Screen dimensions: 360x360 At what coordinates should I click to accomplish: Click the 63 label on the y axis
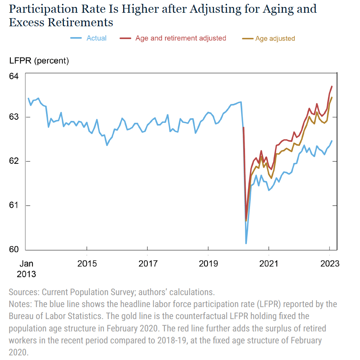tap(14, 117)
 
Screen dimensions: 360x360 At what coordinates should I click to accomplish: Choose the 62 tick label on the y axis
tap(14, 161)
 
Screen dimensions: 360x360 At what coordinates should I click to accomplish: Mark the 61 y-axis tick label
tap(14, 205)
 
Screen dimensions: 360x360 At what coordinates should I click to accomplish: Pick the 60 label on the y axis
tap(14, 249)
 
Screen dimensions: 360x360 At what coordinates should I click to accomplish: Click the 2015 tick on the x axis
tap(87, 264)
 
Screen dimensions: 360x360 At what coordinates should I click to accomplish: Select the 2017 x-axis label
tap(148, 264)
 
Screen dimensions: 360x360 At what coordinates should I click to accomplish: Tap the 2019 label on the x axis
tap(208, 264)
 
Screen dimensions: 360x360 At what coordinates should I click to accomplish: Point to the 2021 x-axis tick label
tap(269, 264)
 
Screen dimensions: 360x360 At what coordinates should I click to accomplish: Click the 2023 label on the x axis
tap(330, 264)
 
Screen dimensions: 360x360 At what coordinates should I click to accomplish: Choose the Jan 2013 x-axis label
tap(26, 269)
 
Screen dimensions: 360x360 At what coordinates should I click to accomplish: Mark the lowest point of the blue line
tap(246, 243)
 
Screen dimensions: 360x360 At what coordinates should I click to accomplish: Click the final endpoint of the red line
tap(332, 86)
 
